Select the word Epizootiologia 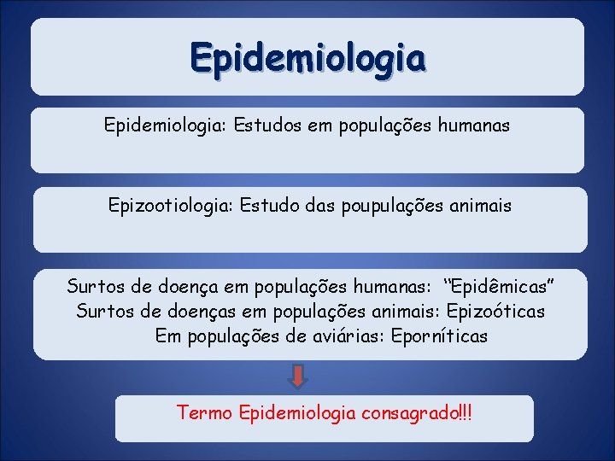tap(170, 205)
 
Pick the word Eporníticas tap(439, 336)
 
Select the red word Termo tap(205, 413)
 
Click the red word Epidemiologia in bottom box tap(298, 413)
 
